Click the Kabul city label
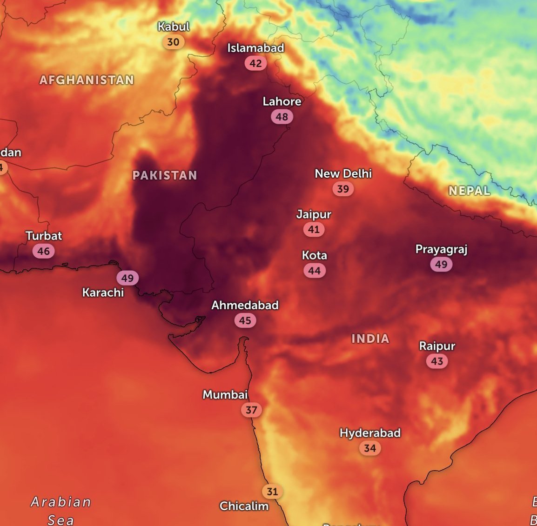tap(174, 27)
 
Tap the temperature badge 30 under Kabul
tap(173, 42)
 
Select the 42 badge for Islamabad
tap(255, 63)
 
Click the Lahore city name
tap(282, 101)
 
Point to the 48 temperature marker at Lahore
tap(282, 117)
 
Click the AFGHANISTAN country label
tap(87, 80)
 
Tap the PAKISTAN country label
tap(165, 175)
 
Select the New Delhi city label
tap(343, 173)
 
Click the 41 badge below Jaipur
tap(314, 229)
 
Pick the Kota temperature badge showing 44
tap(315, 271)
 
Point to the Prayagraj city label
tap(441, 249)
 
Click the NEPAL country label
tap(470, 191)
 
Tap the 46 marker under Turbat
tap(44, 252)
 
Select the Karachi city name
tap(103, 293)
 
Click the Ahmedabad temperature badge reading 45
tap(245, 320)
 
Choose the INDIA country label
tap(370, 339)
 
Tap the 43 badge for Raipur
tap(437, 361)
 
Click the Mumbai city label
tap(225, 395)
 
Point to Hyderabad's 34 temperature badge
tap(370, 448)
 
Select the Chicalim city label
tap(244, 506)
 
